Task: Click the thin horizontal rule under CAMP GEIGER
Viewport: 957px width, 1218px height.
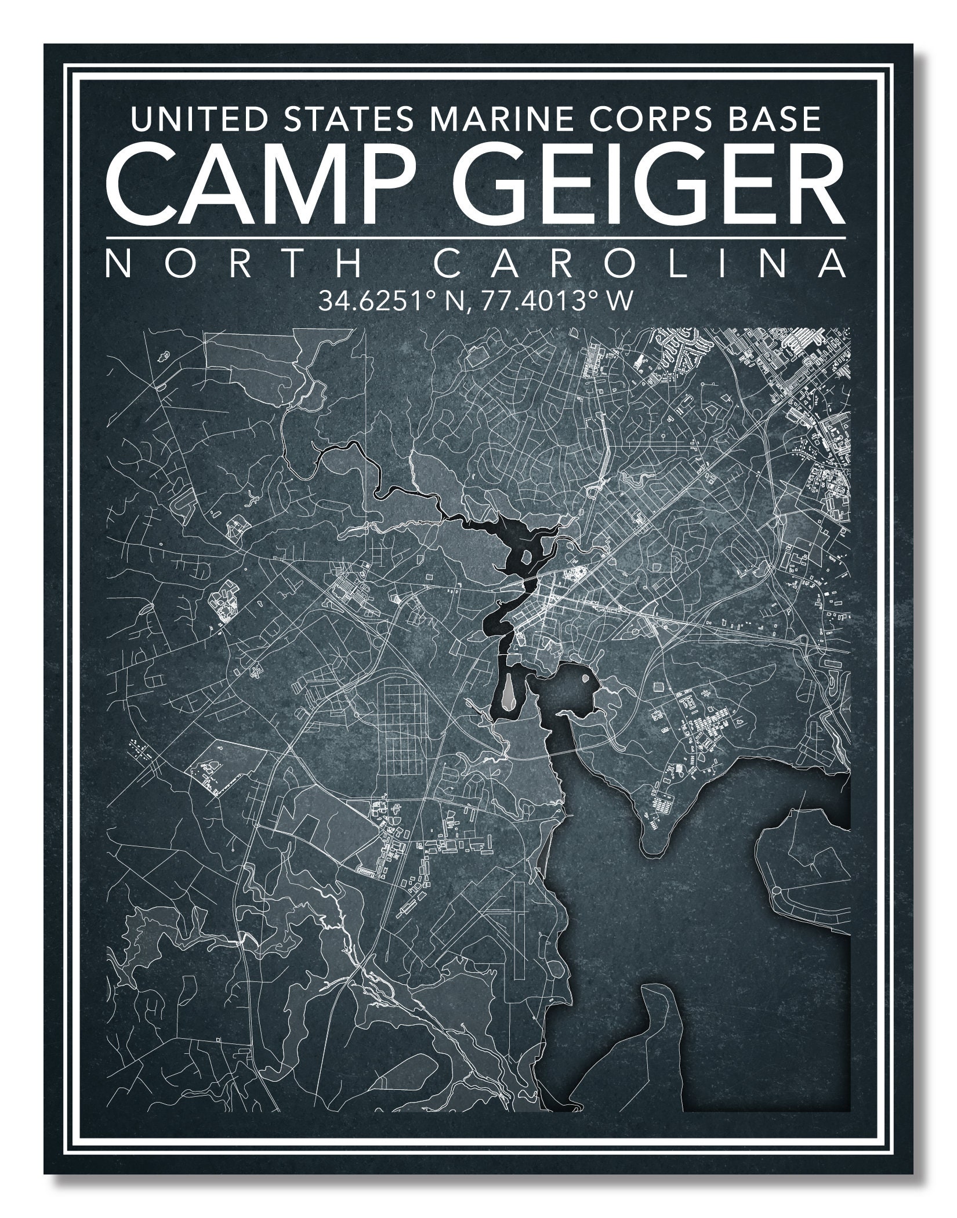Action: pyautogui.click(x=476, y=237)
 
